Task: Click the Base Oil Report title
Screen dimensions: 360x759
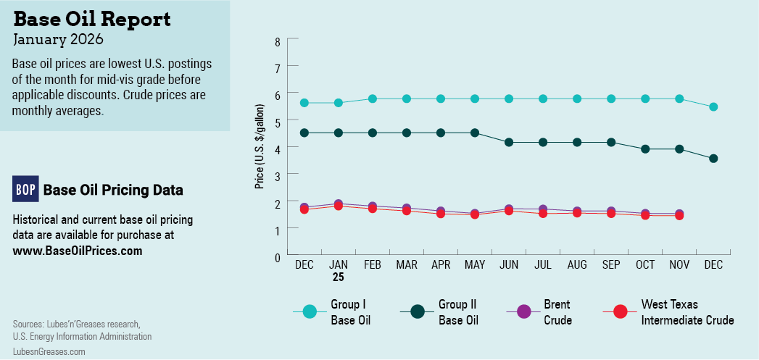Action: (92, 19)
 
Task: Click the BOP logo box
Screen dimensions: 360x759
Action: (25, 189)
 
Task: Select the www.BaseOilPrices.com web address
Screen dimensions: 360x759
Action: (78, 251)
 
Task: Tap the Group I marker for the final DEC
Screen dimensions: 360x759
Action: (713, 107)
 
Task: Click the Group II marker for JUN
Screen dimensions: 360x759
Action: (509, 143)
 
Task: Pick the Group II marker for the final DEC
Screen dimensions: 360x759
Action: (713, 159)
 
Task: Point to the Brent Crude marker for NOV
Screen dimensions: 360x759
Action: (679, 214)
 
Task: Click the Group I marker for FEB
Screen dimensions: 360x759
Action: (373, 99)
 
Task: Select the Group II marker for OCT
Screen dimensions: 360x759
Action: (645, 149)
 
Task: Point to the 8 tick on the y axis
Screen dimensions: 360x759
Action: (277, 41)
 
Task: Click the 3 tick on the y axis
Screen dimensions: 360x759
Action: (277, 175)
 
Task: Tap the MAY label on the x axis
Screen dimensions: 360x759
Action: (475, 265)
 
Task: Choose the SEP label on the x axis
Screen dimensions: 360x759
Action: (611, 265)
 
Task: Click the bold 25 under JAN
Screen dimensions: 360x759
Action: (338, 277)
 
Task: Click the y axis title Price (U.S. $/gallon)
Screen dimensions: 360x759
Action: (260, 147)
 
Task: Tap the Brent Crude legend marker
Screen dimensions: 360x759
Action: (524, 312)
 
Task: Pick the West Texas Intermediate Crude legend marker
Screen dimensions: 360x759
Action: (620, 312)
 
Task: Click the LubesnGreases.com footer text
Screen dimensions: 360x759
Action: (49, 351)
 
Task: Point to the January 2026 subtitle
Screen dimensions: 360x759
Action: (58, 38)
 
